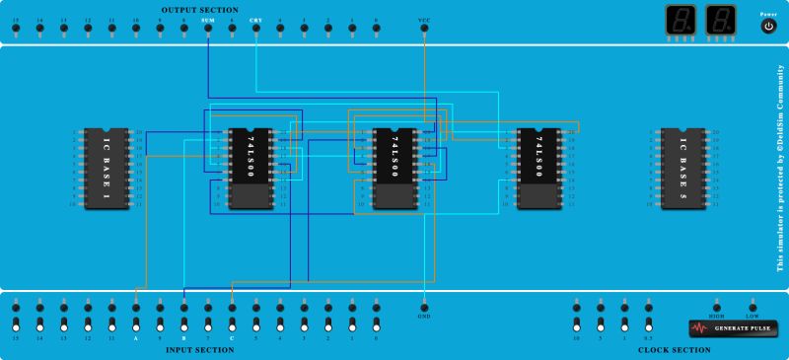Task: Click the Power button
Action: (768, 27)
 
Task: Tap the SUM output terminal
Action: (207, 28)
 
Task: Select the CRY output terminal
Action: (255, 28)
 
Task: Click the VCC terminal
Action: (424, 28)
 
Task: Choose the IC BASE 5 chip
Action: (682, 168)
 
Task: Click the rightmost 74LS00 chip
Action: (538, 168)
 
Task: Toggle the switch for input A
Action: (136, 324)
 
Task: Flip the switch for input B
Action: (183, 324)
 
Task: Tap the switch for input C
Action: (232, 324)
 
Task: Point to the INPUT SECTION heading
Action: (200, 350)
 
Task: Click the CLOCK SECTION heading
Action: (675, 350)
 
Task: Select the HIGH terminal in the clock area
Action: (717, 306)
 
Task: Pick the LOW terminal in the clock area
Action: (753, 306)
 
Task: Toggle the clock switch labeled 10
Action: (576, 324)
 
